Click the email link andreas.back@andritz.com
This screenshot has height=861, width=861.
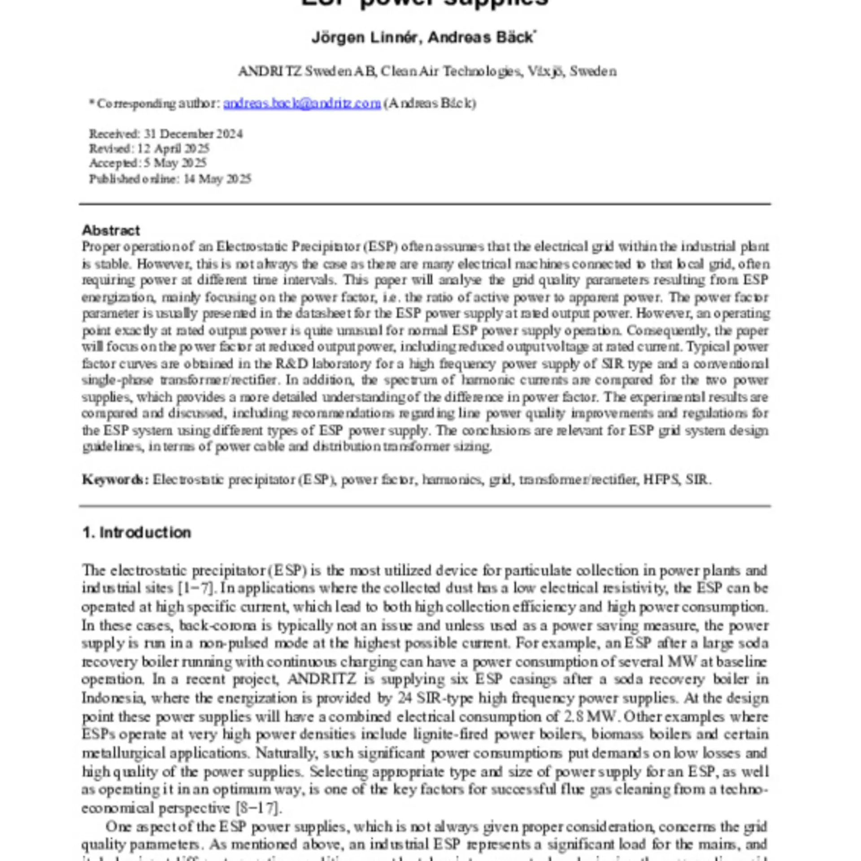tap(302, 104)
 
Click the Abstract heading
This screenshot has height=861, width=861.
tap(111, 230)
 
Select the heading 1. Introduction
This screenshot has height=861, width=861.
tap(137, 532)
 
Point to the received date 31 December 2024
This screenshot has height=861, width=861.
tap(193, 134)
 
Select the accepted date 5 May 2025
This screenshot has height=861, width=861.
tap(175, 163)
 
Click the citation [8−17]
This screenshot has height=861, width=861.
tap(259, 808)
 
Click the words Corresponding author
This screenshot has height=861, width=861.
tap(159, 104)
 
